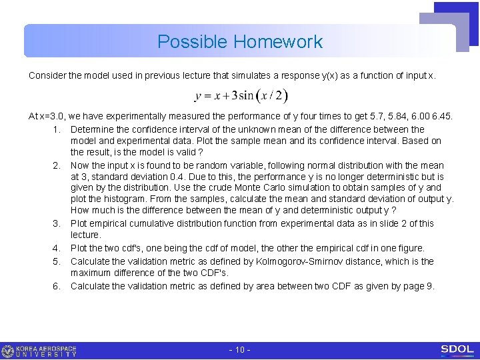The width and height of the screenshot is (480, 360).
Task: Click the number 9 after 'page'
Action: pos(430,286)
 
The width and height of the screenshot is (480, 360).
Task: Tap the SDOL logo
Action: pos(457,349)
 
